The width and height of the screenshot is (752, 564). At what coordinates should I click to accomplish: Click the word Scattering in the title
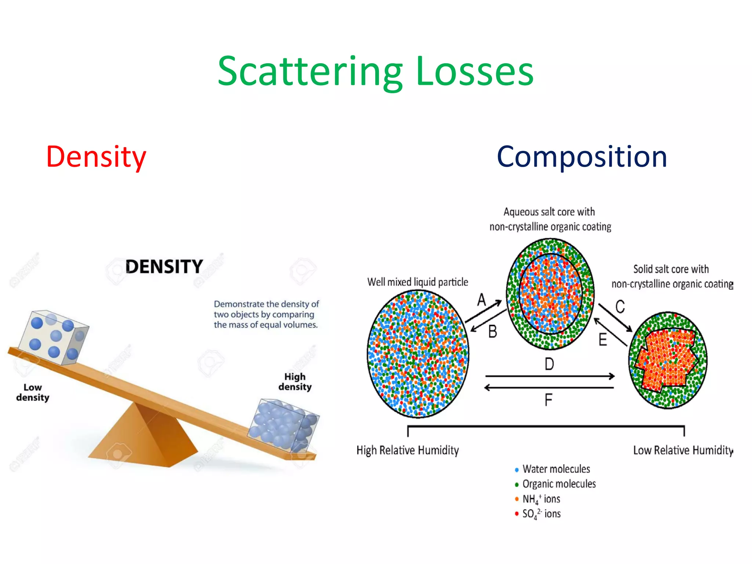(x=310, y=72)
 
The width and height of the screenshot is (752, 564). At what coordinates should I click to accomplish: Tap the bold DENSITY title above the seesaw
(x=164, y=267)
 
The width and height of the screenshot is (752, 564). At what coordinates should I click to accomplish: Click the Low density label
(x=33, y=393)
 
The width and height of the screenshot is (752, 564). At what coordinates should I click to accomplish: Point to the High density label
(x=295, y=382)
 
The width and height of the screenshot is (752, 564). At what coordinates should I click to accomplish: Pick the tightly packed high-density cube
(x=283, y=426)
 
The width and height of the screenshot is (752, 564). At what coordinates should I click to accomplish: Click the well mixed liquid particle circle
(x=418, y=354)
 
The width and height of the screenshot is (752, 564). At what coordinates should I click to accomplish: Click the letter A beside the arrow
(x=481, y=300)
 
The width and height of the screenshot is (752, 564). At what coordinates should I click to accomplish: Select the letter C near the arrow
(x=620, y=307)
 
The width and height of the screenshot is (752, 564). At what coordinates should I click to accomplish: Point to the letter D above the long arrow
(x=549, y=364)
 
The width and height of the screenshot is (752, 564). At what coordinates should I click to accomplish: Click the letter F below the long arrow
(x=548, y=400)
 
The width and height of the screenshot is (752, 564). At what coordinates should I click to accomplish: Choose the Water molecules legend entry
(x=556, y=469)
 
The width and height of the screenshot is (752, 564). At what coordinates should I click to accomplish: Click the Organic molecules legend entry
(x=558, y=484)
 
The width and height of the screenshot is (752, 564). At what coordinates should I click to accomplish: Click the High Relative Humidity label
(x=408, y=450)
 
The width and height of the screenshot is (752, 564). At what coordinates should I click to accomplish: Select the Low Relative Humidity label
(x=682, y=450)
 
